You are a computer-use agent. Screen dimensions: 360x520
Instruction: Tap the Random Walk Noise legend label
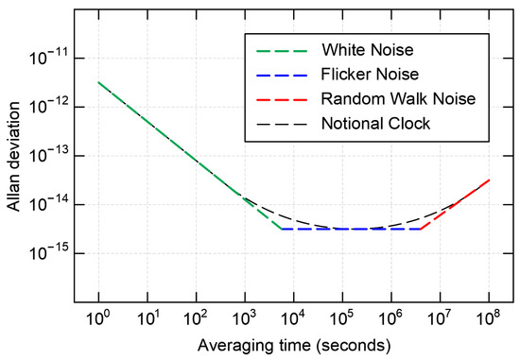[x=382, y=98]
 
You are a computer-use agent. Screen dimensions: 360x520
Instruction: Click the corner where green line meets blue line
[x=281, y=229]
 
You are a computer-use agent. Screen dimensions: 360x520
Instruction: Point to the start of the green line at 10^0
[x=97, y=82]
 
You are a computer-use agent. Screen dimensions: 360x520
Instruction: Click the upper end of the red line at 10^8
[x=489, y=180]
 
